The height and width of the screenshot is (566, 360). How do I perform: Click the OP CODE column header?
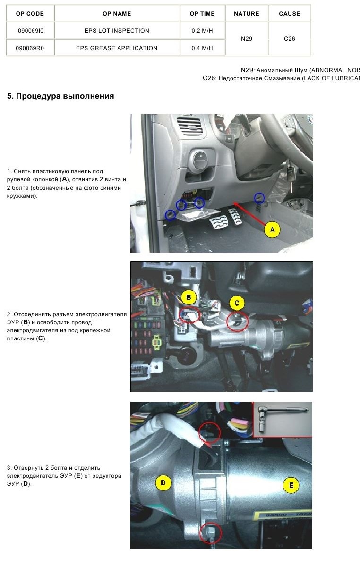(x=30, y=14)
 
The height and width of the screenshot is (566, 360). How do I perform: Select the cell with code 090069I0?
(x=30, y=31)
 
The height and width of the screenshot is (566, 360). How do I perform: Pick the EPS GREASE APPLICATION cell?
(x=117, y=48)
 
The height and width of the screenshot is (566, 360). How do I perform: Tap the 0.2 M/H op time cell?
(x=202, y=31)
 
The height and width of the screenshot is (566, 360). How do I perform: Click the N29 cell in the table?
(x=246, y=39)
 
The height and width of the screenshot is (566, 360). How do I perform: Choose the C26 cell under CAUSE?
(x=289, y=39)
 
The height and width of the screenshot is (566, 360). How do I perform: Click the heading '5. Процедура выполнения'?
(x=60, y=96)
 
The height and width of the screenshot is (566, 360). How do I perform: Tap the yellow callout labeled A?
(x=272, y=230)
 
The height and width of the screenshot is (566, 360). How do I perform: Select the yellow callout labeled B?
(x=189, y=297)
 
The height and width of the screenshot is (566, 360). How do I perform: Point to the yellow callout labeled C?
(x=237, y=303)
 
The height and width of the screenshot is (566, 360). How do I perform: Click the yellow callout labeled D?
(x=163, y=482)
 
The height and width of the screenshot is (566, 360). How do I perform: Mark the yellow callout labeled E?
(x=291, y=485)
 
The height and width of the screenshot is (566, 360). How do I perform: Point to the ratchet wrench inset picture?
(x=282, y=420)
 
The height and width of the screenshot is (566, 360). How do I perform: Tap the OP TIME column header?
(x=202, y=14)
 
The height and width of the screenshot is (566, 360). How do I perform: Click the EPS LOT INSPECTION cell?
(x=117, y=31)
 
